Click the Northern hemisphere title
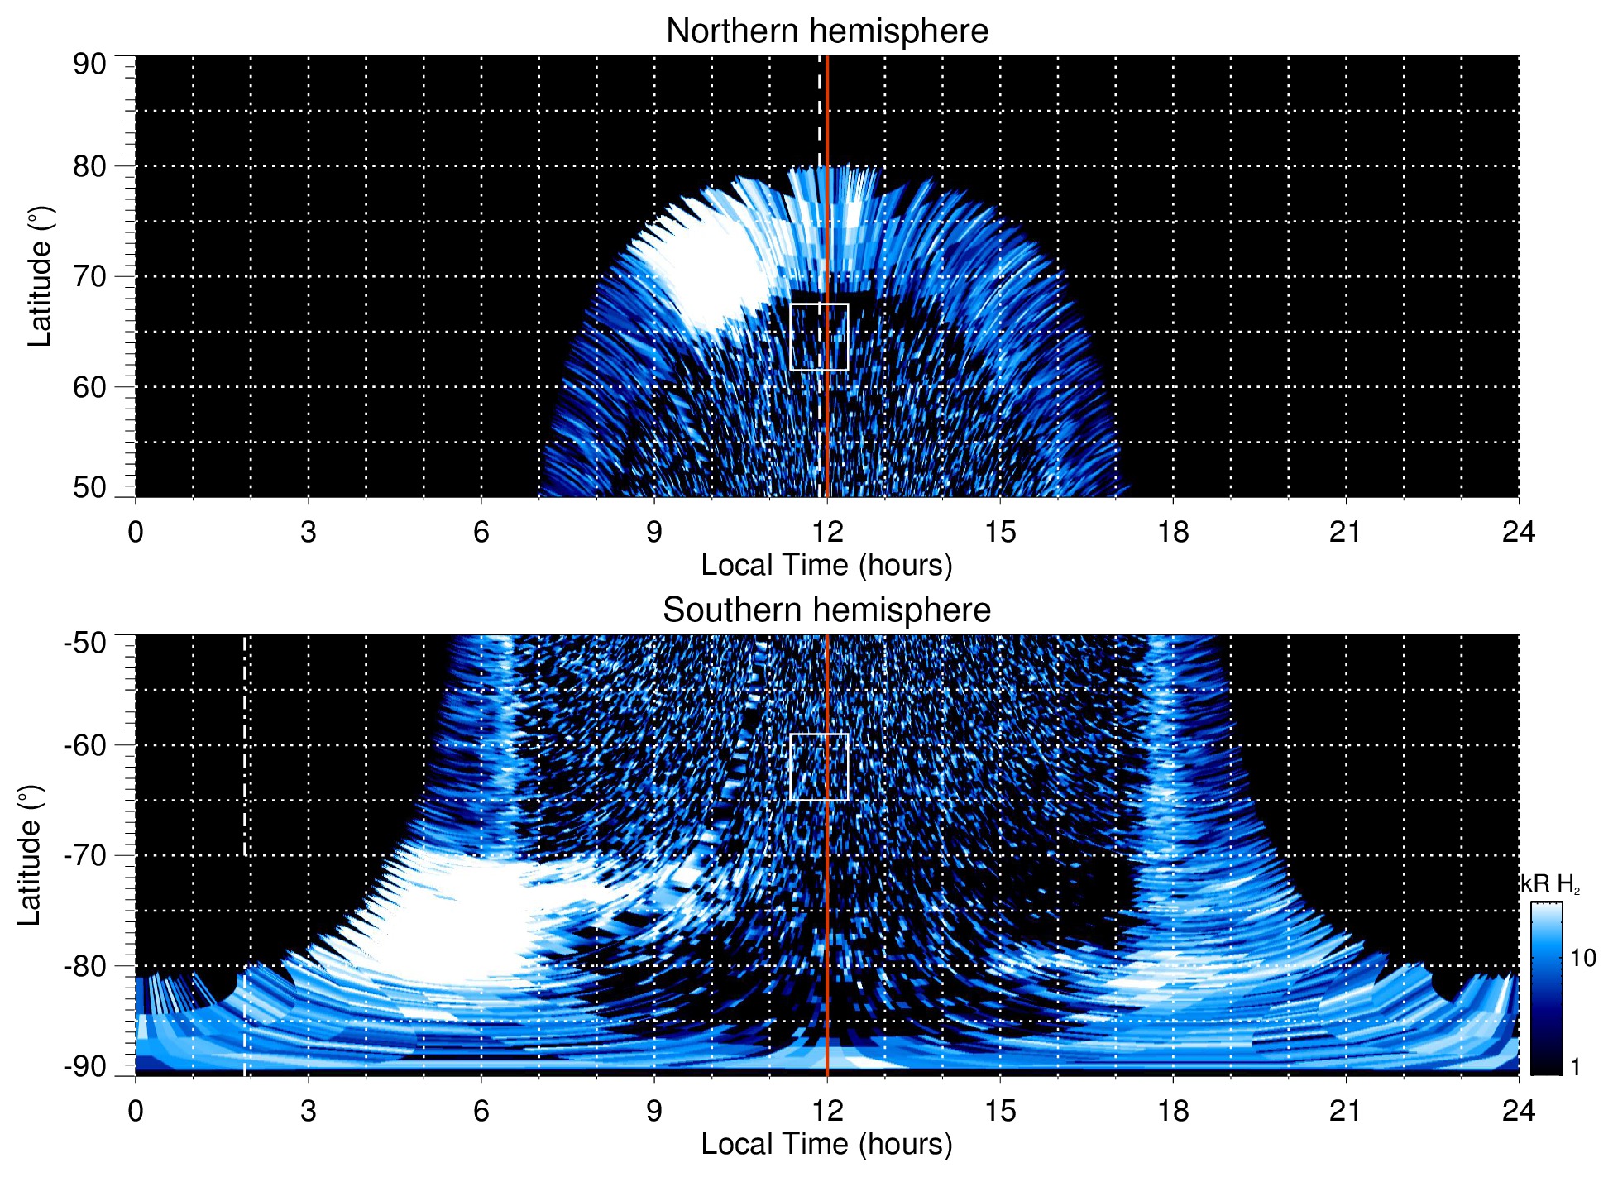point(826,31)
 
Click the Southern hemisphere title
point(826,610)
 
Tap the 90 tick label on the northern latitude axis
point(89,65)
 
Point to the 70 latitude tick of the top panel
point(89,276)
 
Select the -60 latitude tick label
point(85,745)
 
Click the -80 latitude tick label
point(85,965)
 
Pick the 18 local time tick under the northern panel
point(1172,532)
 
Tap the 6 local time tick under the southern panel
point(481,1111)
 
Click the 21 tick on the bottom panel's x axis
point(1345,1111)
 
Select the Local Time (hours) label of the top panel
point(826,565)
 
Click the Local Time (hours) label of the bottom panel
point(826,1144)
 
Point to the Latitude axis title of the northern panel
point(40,276)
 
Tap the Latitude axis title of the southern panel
point(29,855)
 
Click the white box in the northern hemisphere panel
point(819,337)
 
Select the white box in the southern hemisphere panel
point(819,767)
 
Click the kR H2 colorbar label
point(1550,884)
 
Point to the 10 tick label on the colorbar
point(1582,959)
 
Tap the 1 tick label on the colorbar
point(1575,1067)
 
